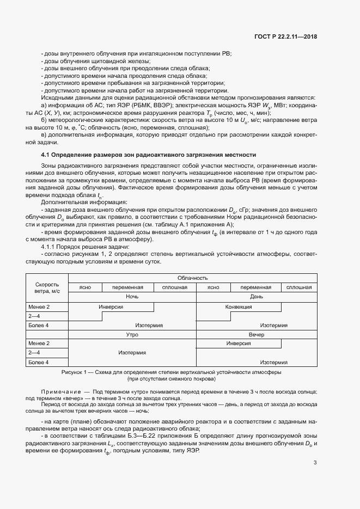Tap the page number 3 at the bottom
315,447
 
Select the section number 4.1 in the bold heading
45,155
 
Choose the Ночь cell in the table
132,297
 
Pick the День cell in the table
256,297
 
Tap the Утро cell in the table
132,334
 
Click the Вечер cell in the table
256,334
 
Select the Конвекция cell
239,306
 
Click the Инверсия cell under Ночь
111,306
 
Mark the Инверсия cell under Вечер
239,344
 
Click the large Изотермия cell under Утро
132,353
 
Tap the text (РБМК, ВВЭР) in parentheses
153,105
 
